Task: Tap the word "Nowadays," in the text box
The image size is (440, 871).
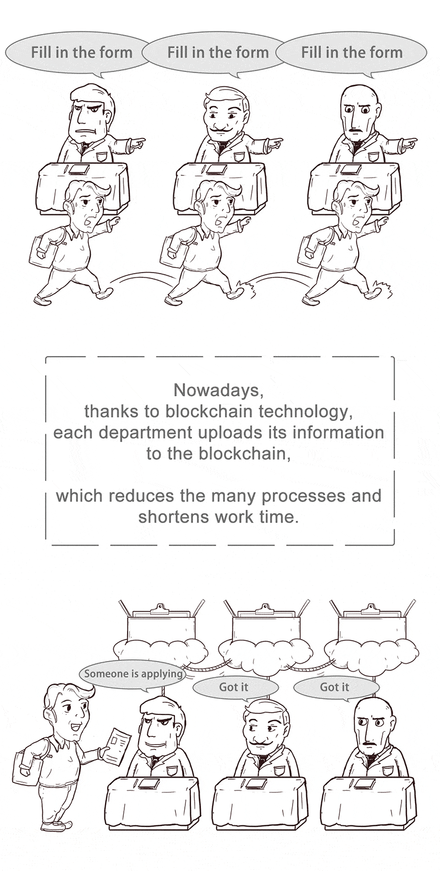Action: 219,390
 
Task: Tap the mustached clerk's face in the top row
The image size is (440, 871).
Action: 224,116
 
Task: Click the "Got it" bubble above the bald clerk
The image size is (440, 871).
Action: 335,687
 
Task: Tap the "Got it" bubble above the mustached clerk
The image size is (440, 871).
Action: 235,687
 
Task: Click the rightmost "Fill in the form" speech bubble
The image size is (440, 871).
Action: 351,53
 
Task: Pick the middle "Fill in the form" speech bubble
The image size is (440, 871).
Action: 217,53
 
